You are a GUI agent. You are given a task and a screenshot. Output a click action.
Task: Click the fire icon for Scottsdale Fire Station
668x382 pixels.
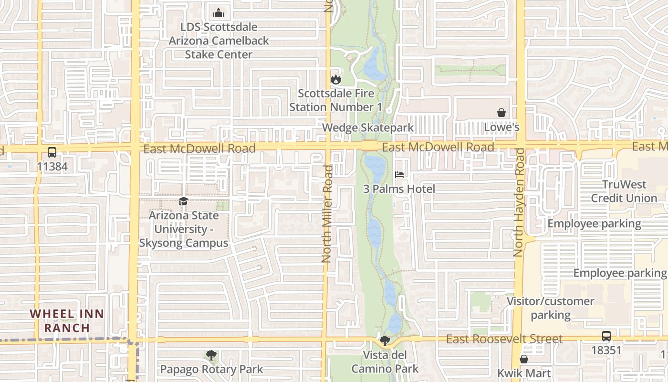(336, 80)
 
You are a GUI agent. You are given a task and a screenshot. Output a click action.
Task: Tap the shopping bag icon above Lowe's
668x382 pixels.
(501, 113)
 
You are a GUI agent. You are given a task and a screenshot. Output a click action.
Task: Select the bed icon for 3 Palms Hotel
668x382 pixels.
(399, 175)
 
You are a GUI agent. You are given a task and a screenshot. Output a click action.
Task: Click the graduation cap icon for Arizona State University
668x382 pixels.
(183, 202)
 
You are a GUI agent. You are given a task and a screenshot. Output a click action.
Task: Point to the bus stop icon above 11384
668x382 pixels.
(52, 152)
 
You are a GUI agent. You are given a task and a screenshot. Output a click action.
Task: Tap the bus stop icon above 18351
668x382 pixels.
(606, 336)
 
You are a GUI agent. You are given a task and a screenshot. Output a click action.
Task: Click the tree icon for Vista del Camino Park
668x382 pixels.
(385, 341)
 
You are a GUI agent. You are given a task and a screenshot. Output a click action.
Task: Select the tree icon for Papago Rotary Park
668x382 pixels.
(211, 355)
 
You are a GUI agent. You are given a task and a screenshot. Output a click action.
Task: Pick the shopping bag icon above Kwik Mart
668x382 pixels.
(524, 359)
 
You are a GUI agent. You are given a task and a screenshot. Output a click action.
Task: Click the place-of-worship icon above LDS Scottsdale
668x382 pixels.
(219, 13)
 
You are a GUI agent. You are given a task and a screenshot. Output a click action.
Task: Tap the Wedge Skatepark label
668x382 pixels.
(368, 127)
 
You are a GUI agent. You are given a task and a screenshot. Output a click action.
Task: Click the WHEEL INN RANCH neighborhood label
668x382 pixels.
(67, 321)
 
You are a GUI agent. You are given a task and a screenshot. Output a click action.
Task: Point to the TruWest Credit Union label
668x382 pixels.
(624, 191)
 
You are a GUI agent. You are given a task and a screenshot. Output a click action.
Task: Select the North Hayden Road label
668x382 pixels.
(519, 202)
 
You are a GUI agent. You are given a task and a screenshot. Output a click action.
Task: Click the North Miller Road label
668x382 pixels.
(327, 213)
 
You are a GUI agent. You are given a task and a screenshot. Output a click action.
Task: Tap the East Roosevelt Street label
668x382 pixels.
(504, 339)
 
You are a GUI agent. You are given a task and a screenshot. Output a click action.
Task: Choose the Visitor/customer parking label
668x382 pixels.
(551, 308)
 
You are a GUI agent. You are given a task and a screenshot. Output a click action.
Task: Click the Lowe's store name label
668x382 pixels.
(501, 127)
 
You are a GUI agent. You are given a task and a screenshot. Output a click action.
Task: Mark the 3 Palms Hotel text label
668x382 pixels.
(399, 189)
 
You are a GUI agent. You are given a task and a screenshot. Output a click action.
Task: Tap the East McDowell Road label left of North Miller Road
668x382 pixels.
(199, 149)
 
